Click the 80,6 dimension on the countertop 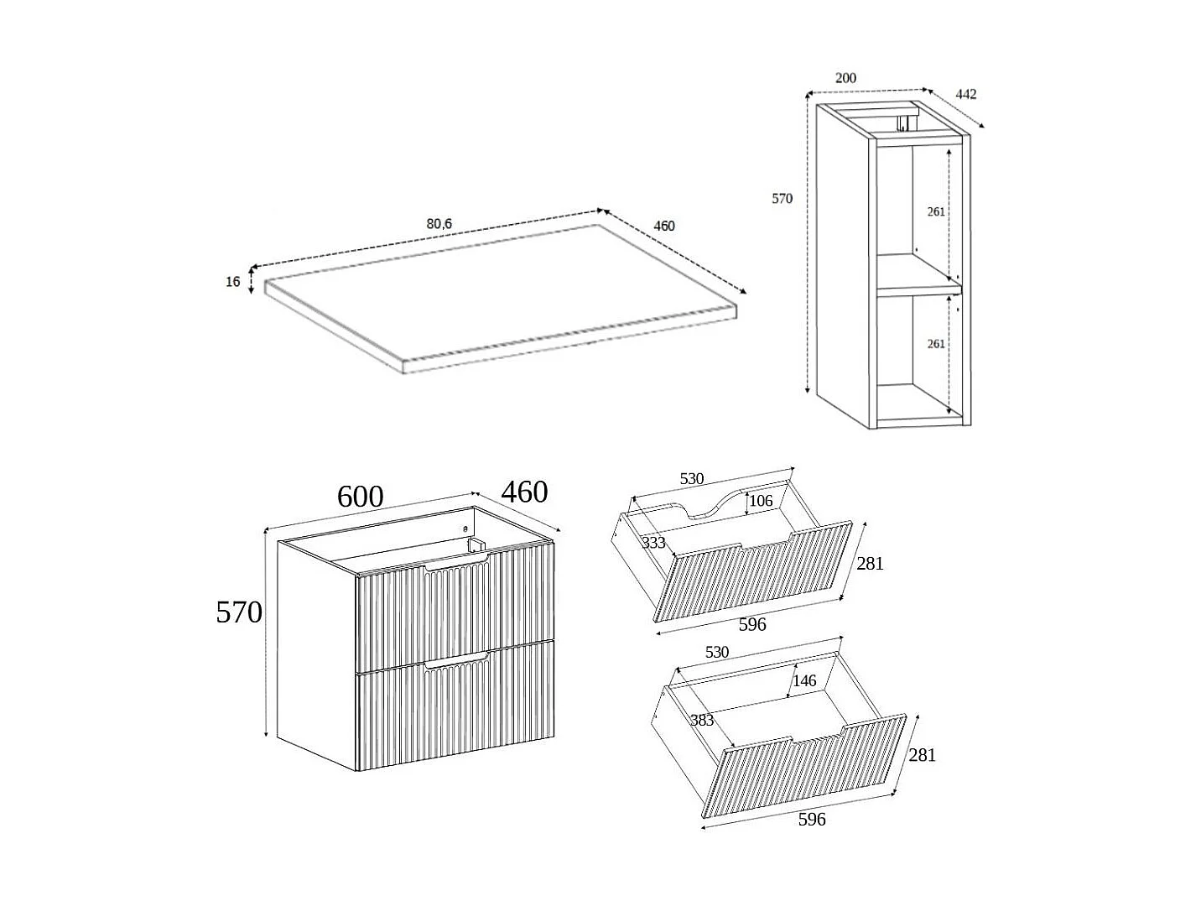[439, 223]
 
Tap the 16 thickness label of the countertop [233, 281]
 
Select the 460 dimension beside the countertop [663, 226]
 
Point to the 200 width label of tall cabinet [845, 78]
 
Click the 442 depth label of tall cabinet [966, 94]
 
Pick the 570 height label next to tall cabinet [782, 199]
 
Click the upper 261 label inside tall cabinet [936, 211]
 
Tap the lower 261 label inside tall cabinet [936, 343]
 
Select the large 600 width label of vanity [360, 497]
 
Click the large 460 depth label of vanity [524, 492]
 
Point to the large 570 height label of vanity [239, 612]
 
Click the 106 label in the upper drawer [760, 501]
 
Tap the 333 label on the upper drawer [653, 543]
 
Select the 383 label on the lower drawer [702, 720]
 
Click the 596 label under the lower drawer [812, 819]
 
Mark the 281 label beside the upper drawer [870, 564]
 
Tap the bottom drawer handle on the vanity [457, 663]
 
